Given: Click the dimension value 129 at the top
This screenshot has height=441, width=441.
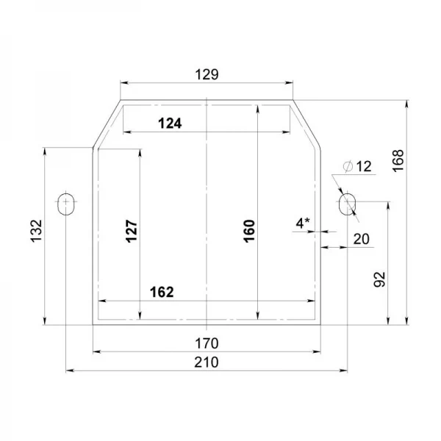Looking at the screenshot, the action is [x=207, y=74].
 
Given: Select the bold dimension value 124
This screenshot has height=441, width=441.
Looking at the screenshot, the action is [x=170, y=123].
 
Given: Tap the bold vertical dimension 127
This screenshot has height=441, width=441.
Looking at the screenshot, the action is [x=132, y=232].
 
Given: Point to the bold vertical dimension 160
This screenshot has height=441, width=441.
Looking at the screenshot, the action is [x=249, y=232].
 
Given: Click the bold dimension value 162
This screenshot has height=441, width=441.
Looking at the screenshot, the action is [x=162, y=293].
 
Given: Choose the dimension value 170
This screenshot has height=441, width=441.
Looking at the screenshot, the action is [x=207, y=343].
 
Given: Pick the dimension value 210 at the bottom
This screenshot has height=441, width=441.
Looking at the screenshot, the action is [x=207, y=362].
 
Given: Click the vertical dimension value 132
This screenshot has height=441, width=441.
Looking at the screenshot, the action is [x=36, y=231].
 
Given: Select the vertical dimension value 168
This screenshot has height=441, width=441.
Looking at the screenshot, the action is [x=398, y=161].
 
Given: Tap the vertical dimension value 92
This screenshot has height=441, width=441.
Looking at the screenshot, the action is [x=379, y=279].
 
